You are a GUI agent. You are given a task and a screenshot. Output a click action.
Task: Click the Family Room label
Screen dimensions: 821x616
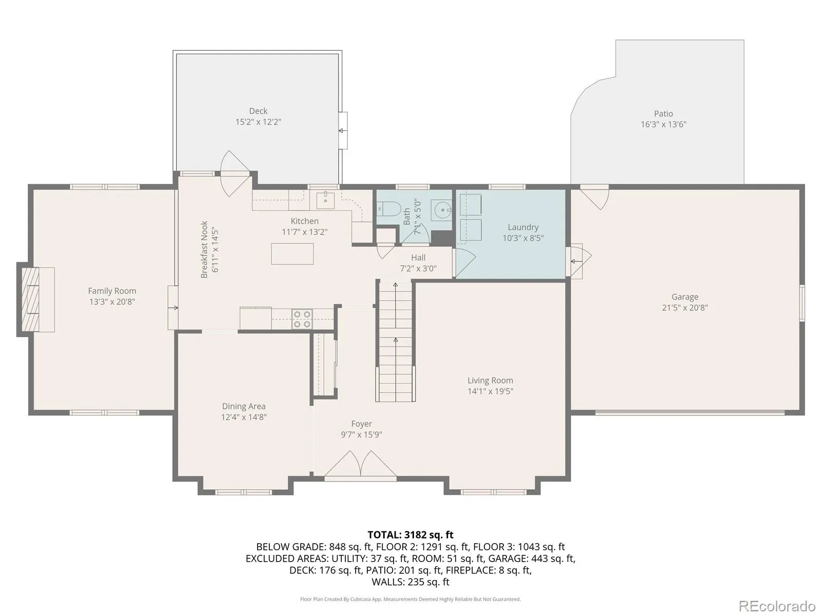[112, 291]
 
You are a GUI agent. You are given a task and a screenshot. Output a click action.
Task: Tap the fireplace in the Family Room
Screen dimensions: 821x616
[36, 299]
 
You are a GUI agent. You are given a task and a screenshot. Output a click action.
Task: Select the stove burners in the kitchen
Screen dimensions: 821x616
[302, 319]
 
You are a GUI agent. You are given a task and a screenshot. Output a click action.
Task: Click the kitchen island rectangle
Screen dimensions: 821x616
[292, 254]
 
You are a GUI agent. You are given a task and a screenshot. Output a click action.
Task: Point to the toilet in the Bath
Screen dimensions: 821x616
[388, 209]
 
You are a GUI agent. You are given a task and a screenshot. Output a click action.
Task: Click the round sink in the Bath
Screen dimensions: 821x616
[441, 210]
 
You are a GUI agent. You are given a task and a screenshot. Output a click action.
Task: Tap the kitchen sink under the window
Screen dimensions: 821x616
[325, 201]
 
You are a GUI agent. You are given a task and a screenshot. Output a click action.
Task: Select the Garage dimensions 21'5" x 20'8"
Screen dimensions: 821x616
[685, 307]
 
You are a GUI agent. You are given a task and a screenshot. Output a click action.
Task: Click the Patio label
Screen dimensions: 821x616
[663, 113]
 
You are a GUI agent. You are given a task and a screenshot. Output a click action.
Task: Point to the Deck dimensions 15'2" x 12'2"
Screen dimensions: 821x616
[258, 122]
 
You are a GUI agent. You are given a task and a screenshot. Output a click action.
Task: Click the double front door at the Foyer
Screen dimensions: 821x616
[360, 465]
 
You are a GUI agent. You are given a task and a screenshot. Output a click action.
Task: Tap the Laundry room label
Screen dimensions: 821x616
[523, 227]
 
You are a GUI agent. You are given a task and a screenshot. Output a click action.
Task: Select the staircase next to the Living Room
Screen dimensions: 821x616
[395, 341]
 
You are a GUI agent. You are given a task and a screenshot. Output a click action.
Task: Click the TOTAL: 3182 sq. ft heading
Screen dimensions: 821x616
[411, 535]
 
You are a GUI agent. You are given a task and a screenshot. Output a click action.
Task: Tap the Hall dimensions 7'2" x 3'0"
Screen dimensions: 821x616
[418, 268]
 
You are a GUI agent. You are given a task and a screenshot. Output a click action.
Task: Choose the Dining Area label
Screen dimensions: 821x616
[244, 406]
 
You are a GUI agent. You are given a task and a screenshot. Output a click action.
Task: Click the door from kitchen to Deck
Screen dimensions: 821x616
[235, 174]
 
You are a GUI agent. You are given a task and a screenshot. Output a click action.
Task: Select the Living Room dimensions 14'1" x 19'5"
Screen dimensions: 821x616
[490, 391]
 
